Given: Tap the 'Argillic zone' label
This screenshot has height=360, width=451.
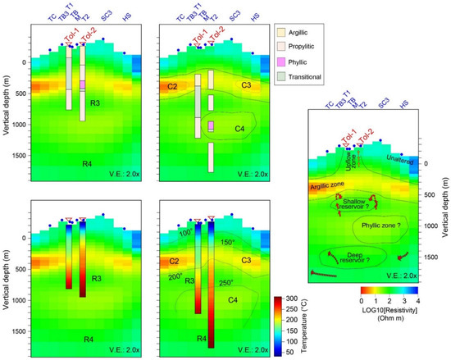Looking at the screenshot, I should [x=327, y=187].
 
